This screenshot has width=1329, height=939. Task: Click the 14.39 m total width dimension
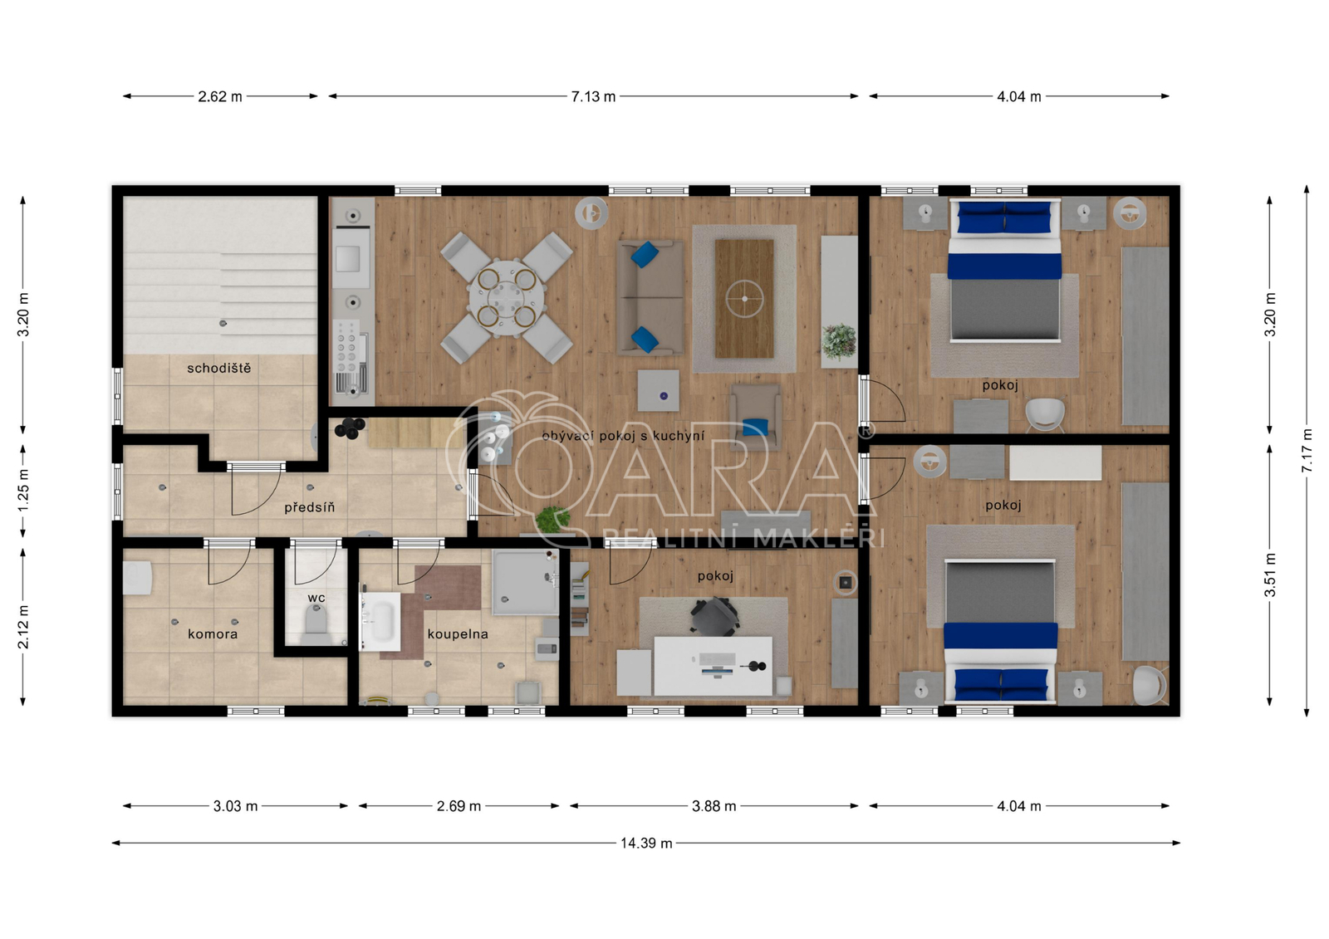[x=646, y=843]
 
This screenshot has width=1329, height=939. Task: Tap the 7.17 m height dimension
[x=1307, y=451]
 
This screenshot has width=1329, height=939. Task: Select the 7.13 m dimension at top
[x=593, y=96]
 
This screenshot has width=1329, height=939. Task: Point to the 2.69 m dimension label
[x=459, y=806]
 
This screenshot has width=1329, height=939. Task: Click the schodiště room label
[x=219, y=369]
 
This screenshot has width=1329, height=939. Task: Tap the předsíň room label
[x=309, y=507]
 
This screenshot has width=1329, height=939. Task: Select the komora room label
[x=213, y=634]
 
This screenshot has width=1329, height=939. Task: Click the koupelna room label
[x=458, y=634]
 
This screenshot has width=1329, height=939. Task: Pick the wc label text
[x=316, y=598]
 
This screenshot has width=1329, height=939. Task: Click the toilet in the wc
[x=316, y=625]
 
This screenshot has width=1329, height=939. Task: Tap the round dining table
[x=506, y=297]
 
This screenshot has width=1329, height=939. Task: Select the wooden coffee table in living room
[x=744, y=298]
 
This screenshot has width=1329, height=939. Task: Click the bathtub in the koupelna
[x=380, y=621]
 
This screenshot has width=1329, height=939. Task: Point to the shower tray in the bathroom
[x=525, y=582]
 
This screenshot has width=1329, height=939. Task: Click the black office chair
[x=715, y=616]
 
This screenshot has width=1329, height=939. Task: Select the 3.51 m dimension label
[x=1269, y=575]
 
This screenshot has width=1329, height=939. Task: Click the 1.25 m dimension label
[x=22, y=492]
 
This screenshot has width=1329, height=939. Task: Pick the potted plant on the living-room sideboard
[x=839, y=342]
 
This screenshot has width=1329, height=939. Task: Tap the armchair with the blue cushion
[x=755, y=417]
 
